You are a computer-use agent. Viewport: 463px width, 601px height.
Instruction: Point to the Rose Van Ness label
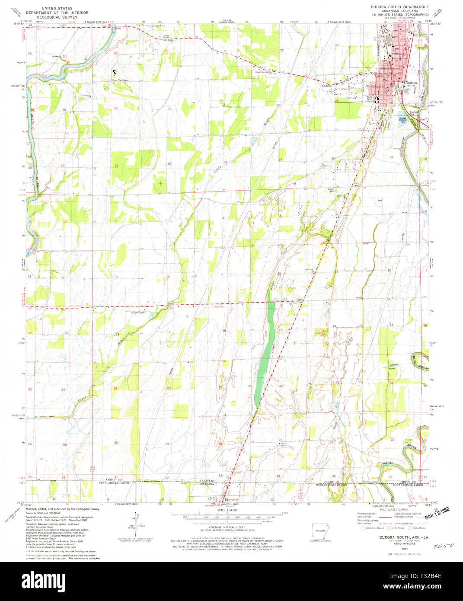(x=121, y=80)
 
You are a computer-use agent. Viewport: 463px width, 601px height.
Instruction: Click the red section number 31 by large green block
(x=117, y=166)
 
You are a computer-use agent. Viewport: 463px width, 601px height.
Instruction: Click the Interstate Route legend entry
(x=373, y=528)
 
